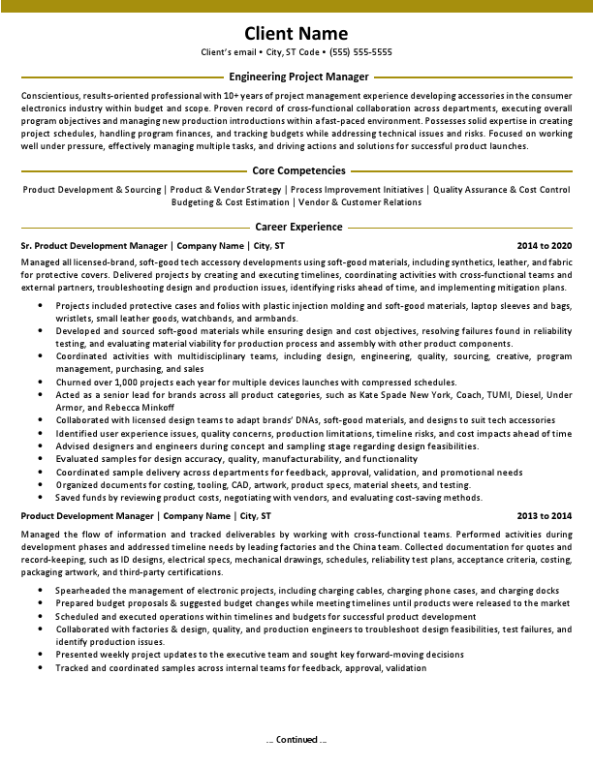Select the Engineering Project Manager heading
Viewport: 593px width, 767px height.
tap(298, 77)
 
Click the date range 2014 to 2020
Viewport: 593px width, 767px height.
tap(545, 246)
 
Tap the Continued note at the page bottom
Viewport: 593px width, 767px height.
tap(296, 740)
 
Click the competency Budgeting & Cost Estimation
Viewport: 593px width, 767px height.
tap(230, 202)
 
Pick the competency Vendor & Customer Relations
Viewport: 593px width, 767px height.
tap(359, 202)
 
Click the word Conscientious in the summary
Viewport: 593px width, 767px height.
tap(51, 95)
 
